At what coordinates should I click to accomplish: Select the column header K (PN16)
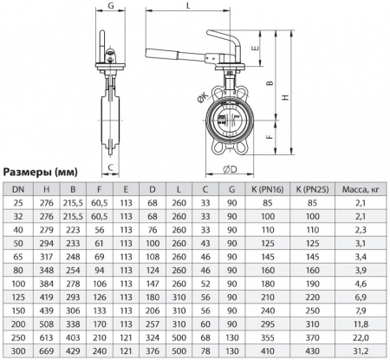coord(261,188)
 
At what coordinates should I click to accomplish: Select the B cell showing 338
coord(75,323)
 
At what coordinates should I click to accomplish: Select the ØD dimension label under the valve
coord(231,167)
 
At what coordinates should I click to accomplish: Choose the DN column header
coord(18,188)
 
